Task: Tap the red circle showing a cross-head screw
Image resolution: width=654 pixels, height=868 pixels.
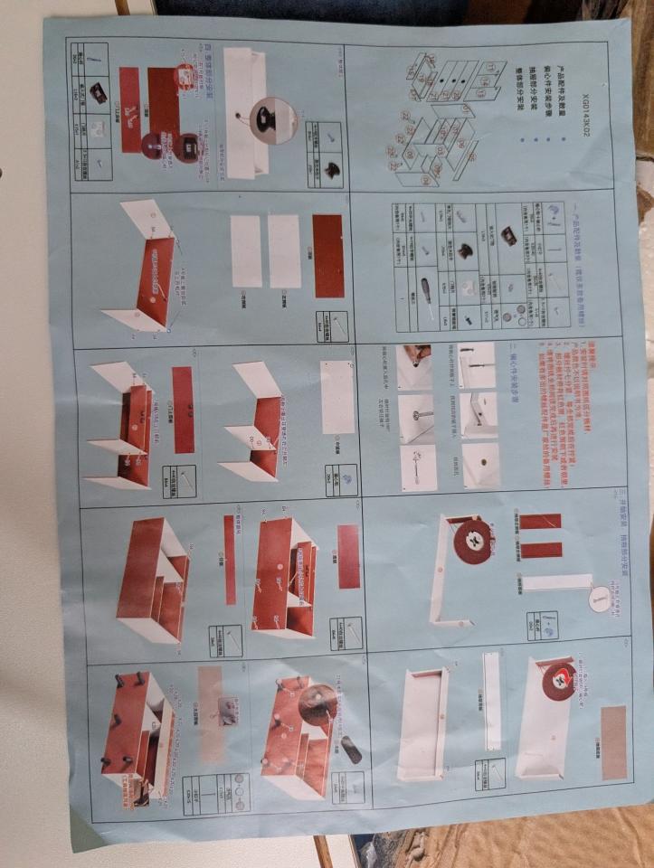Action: point(473,541)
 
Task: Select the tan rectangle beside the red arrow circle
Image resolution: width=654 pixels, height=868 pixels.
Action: point(613,742)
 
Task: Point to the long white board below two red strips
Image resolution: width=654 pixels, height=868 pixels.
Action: point(556,582)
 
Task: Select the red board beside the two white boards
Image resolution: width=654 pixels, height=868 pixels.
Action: point(328,256)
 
